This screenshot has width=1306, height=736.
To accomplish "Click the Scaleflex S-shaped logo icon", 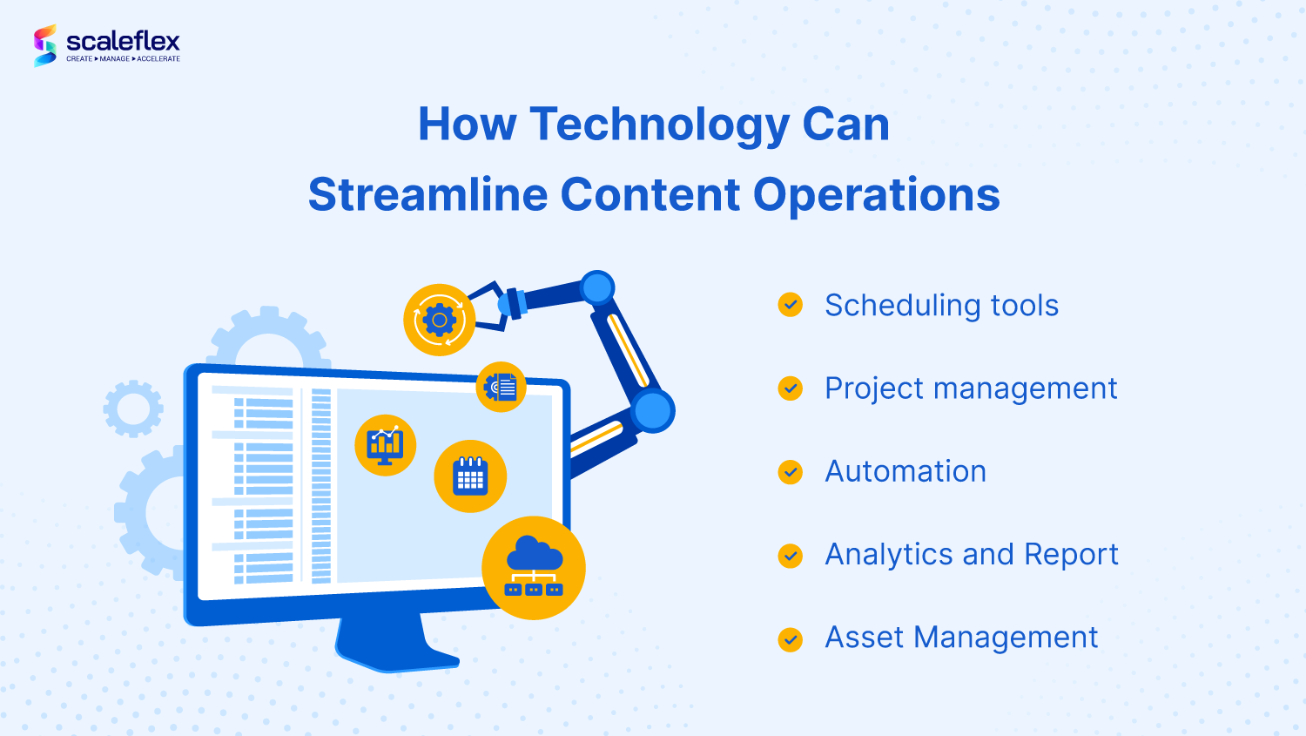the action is (45, 45).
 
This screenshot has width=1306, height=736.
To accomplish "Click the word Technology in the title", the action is (659, 125).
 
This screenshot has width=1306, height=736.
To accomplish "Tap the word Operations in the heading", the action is (876, 195).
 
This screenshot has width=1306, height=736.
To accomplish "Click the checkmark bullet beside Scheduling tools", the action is (790, 305).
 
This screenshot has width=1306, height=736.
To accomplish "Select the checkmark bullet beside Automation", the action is (790, 472).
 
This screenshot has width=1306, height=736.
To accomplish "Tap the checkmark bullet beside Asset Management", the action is (790, 639).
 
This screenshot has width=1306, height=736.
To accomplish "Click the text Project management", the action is (971, 389).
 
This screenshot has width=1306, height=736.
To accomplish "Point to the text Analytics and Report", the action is (972, 555).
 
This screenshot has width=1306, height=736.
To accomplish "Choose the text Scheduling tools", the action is (941, 305).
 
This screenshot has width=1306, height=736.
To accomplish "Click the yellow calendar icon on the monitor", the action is (470, 476).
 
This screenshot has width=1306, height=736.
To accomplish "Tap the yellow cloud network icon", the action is (534, 568).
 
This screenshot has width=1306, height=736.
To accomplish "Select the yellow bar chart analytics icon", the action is (386, 446).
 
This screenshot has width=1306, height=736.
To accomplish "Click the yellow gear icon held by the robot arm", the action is (439, 320).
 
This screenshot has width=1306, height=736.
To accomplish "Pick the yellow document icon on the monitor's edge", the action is (501, 387).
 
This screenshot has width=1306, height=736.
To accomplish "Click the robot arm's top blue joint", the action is (597, 287).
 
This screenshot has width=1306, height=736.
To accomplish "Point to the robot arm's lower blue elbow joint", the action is (652, 411).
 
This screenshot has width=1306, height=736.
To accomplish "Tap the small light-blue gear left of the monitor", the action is (133, 409).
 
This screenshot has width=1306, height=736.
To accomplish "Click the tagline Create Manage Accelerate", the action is (123, 59).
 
